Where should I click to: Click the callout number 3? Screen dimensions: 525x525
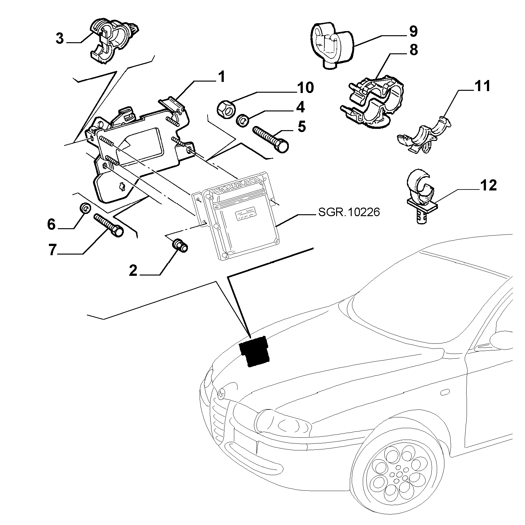tap(60, 39)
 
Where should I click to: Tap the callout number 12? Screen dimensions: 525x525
tap(488, 185)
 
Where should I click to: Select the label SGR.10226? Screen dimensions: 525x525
tap(349, 212)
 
